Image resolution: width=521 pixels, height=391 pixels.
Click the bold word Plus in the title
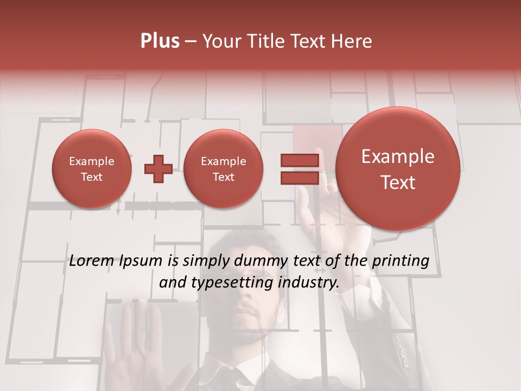pyautogui.click(x=160, y=41)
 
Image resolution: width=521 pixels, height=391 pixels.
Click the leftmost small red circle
pyautogui.click(x=91, y=169)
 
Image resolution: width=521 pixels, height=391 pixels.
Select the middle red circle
pyautogui.click(x=223, y=169)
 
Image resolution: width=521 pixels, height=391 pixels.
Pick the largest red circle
pyautogui.click(x=398, y=169)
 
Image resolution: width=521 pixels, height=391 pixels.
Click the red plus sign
pyautogui.click(x=158, y=169)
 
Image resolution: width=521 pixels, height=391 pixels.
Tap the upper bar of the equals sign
pyautogui.click(x=299, y=160)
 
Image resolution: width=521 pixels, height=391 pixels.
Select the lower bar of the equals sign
pyautogui.click(x=299, y=178)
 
